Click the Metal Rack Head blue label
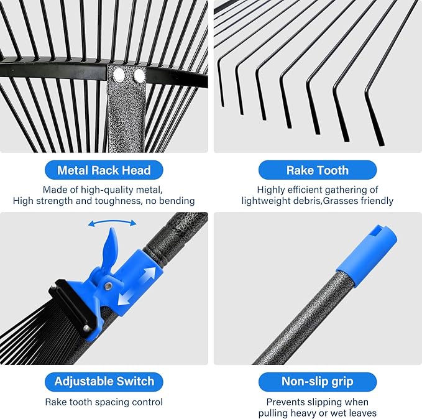pyautogui.click(x=103, y=170)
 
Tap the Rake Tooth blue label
pyautogui.click(x=317, y=170)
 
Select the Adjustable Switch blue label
pyautogui.click(x=103, y=381)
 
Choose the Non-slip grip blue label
pyautogui.click(x=317, y=381)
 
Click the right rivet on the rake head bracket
pyautogui.click(x=139, y=76)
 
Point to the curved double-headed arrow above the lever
pyautogui.click(x=112, y=223)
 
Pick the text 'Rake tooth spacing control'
pyautogui.click(x=103, y=402)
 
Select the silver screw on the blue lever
pyautogui.click(x=109, y=286)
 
